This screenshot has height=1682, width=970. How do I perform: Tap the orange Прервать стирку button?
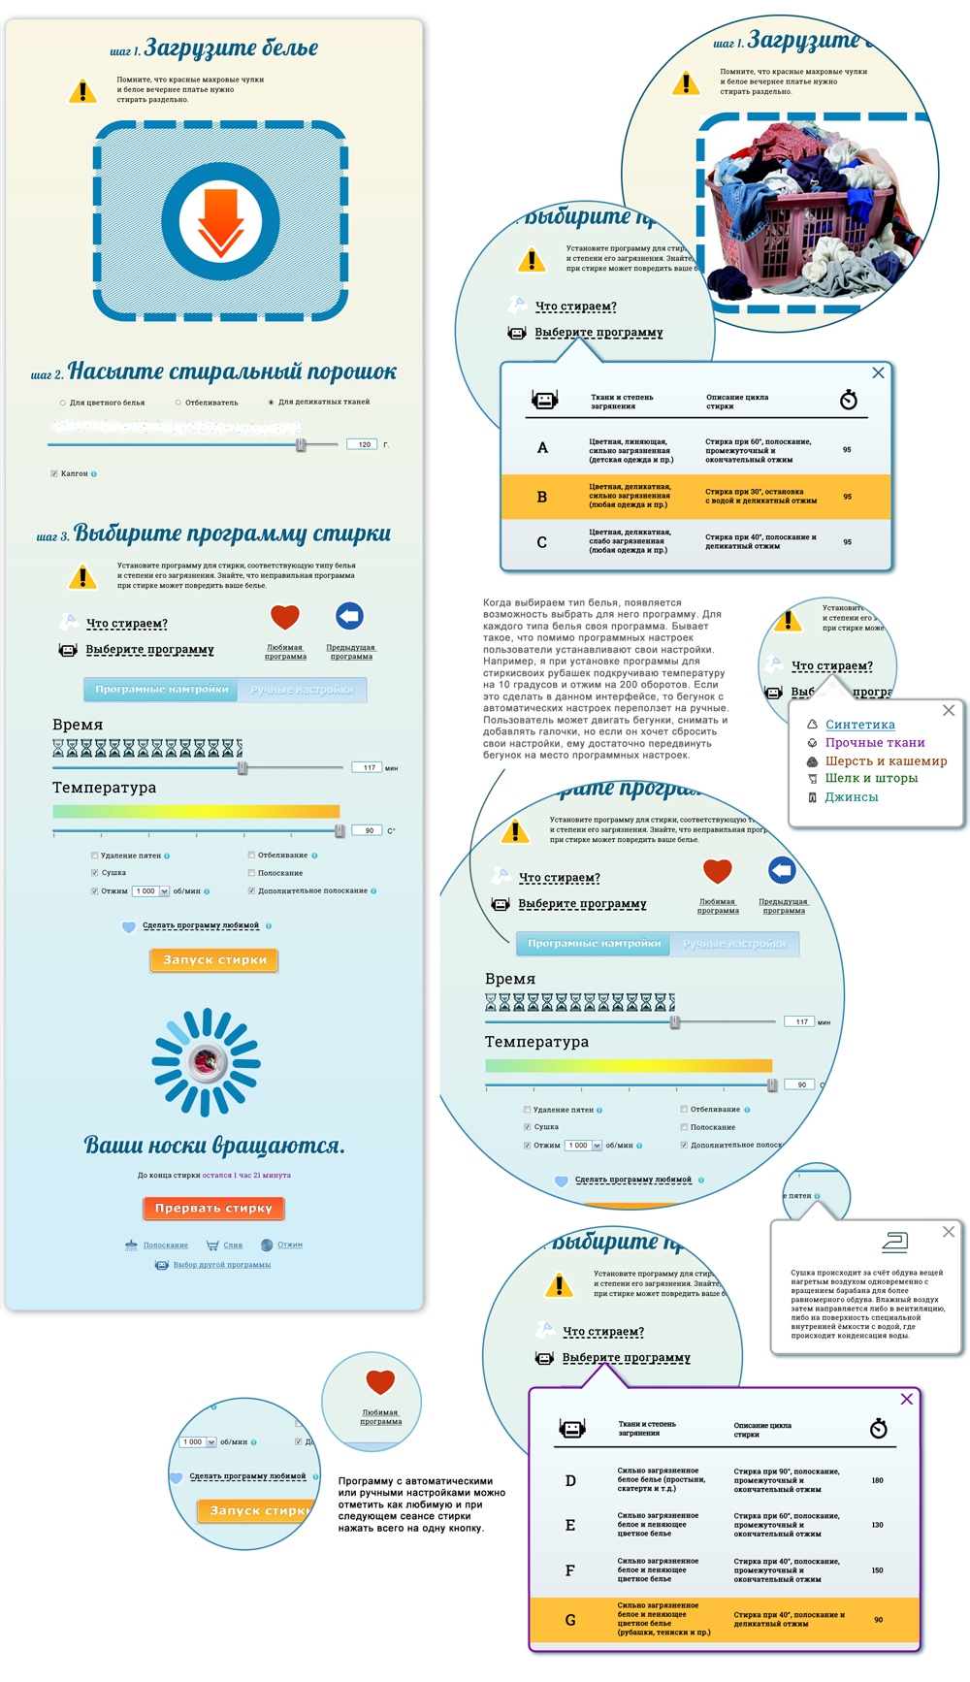click(x=213, y=1209)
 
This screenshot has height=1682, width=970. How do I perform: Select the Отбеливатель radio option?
click(x=178, y=403)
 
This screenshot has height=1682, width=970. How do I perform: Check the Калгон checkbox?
click(x=54, y=474)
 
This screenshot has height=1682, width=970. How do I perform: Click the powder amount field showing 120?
click(x=363, y=444)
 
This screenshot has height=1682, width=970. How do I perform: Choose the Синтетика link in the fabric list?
click(x=859, y=725)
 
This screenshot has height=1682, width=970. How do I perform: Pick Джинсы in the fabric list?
click(x=851, y=797)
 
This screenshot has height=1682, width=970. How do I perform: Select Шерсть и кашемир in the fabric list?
click(x=885, y=761)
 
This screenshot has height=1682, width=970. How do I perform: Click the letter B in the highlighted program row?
click(x=542, y=497)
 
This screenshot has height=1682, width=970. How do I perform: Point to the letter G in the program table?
click(x=570, y=1620)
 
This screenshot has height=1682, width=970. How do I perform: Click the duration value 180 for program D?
click(x=877, y=1480)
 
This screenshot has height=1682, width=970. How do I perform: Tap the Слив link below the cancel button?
click(x=233, y=1245)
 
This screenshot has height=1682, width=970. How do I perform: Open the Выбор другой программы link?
click(x=221, y=1265)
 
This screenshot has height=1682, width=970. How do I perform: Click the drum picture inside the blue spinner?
click(x=207, y=1062)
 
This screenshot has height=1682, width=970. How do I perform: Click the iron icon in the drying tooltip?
click(x=894, y=1241)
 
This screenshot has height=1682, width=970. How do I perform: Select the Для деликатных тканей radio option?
click(x=271, y=403)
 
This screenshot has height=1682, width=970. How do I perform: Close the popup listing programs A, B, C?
click(x=878, y=372)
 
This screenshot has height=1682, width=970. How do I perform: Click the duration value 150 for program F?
click(x=877, y=1569)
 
